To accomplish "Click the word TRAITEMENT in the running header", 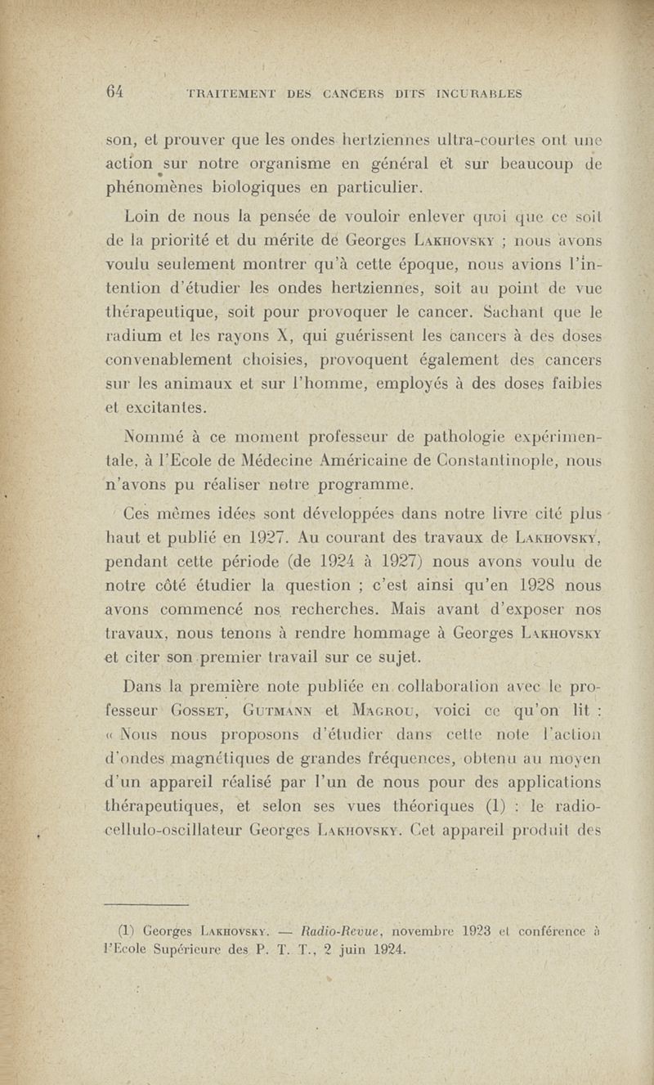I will pos(232,92).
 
